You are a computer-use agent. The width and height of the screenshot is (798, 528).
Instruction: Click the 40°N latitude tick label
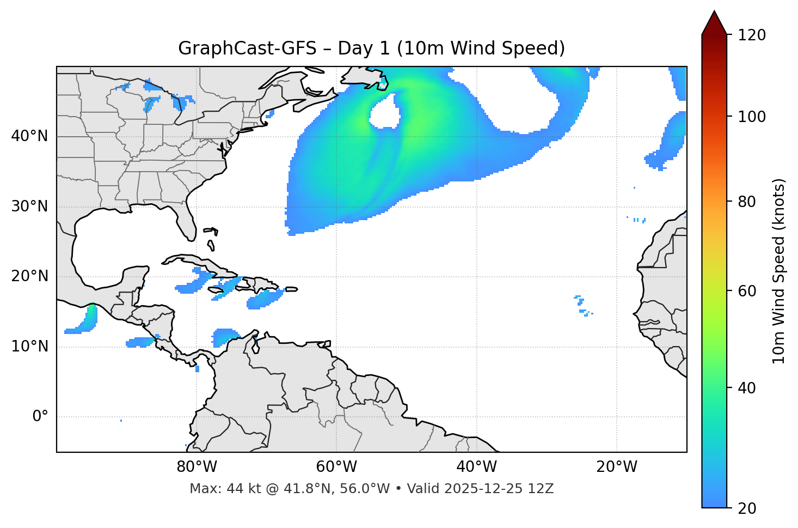pyautogui.click(x=29, y=136)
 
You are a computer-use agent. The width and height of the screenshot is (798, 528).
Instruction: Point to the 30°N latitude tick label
pyautogui.click(x=29, y=207)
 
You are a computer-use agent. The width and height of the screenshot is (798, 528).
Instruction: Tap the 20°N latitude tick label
pyautogui.click(x=29, y=276)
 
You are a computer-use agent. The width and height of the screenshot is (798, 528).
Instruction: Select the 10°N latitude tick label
pyautogui.click(x=29, y=347)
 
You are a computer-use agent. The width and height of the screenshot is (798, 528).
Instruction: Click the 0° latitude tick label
pyautogui.click(x=40, y=417)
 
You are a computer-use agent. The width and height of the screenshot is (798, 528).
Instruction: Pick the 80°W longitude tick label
pyautogui.click(x=197, y=467)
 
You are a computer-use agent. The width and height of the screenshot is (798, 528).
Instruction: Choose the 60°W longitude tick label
pyautogui.click(x=336, y=467)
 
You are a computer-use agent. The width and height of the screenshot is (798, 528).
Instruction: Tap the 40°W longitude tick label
pyautogui.click(x=476, y=467)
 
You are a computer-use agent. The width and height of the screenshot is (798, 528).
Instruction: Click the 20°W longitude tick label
pyautogui.click(x=616, y=467)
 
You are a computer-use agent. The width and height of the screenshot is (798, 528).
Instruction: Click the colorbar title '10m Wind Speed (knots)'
pyautogui.click(x=779, y=271)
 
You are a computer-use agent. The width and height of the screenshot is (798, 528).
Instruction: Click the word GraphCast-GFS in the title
pyautogui.click(x=247, y=48)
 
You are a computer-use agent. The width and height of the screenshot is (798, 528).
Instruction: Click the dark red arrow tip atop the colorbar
pyautogui.click(x=714, y=23)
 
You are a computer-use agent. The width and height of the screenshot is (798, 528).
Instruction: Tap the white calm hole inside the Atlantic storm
pyautogui.click(x=384, y=113)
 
